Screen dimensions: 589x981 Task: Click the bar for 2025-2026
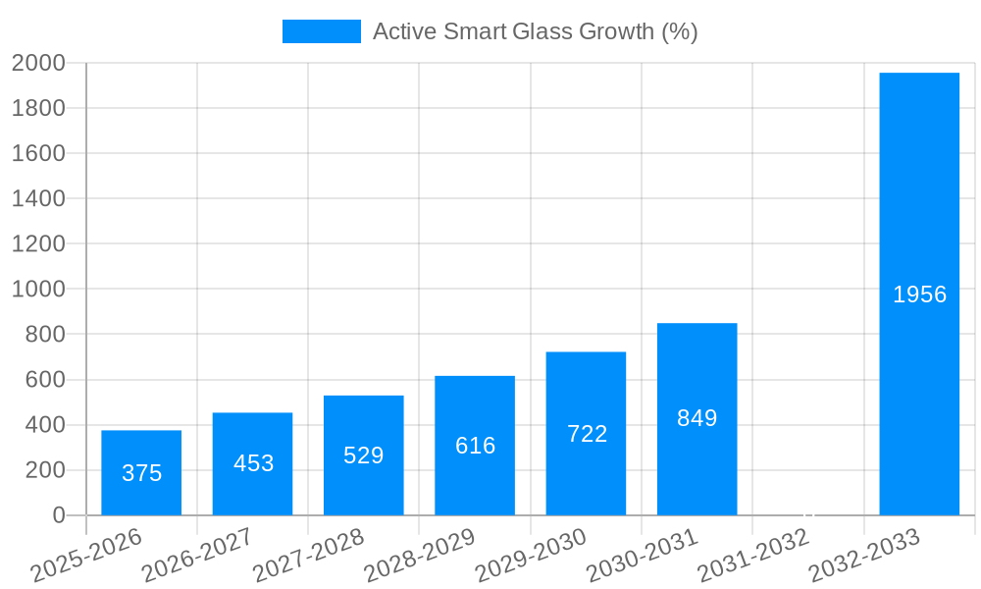[141, 472]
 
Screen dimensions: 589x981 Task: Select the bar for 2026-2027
[252, 463]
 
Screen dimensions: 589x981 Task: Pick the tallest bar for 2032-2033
[919, 294]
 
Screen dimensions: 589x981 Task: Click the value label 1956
[919, 294]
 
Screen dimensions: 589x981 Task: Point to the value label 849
[697, 418]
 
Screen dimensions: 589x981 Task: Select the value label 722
[587, 434]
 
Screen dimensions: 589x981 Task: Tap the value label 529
[364, 455]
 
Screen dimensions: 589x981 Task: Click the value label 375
[141, 473]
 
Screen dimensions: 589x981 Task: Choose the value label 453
[253, 463]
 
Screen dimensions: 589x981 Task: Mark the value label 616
[475, 446]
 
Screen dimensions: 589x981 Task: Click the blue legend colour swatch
[321, 31]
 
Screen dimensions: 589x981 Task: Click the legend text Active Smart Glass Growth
[535, 31]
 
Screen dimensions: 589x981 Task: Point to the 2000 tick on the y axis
[38, 64]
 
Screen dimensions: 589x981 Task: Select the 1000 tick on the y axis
[38, 290]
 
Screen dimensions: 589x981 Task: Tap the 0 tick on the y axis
[58, 515]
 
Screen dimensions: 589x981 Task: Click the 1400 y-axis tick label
[38, 199]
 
